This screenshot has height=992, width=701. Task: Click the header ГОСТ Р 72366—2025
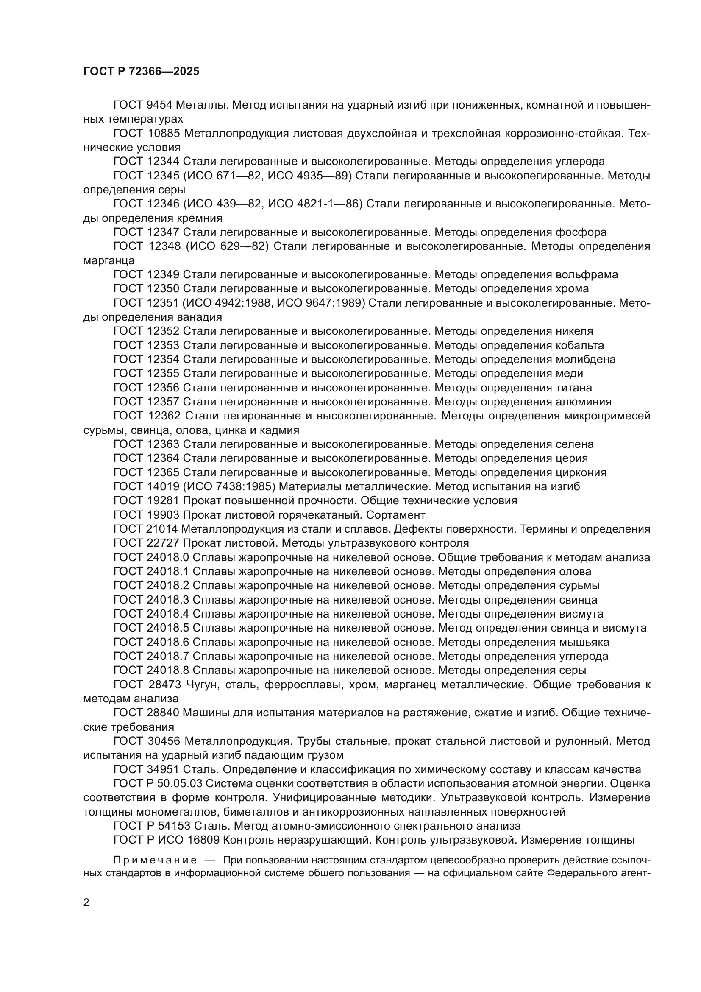coord(141,72)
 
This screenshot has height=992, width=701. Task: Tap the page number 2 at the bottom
coord(86,903)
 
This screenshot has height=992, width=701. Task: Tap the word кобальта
coord(580,345)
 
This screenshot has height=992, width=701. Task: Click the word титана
coord(574,388)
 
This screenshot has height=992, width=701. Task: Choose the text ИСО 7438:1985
coord(229,487)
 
